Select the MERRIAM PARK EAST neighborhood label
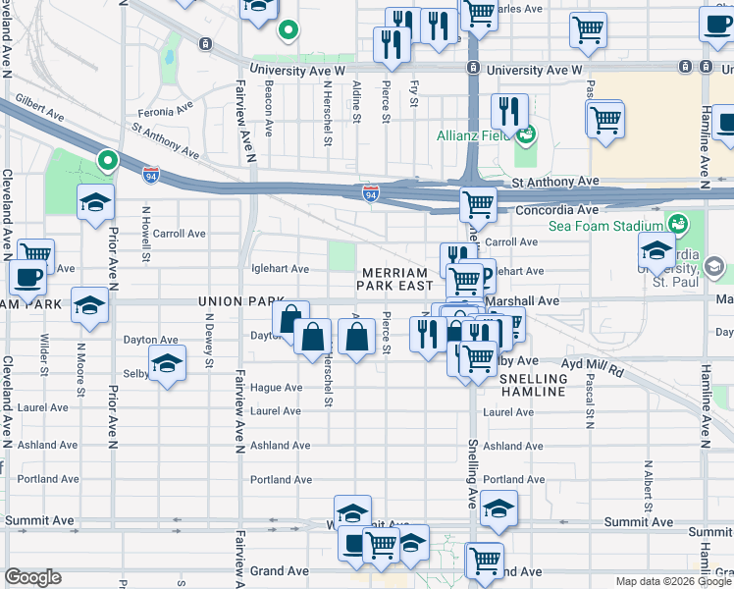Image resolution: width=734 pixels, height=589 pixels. pos(395,279)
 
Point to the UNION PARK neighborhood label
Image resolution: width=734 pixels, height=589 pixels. pos(233,301)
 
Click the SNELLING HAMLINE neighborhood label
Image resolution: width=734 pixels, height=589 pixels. pos(533,385)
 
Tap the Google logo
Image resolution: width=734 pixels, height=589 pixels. pos(33,577)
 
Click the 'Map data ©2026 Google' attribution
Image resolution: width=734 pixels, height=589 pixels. pos(673,581)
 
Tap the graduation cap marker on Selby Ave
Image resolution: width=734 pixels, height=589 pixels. pos(168,365)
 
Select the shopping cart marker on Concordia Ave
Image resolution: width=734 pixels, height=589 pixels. pos(478,205)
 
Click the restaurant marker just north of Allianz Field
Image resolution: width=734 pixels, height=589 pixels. pos(509,111)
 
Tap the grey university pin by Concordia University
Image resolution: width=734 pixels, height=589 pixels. pos(713,265)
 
